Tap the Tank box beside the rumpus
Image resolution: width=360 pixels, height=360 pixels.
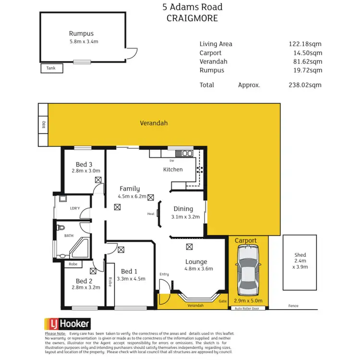51,68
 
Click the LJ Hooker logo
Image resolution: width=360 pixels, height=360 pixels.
67,324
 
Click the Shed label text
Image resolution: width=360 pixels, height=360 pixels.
300,255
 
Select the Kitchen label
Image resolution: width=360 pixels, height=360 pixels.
173,169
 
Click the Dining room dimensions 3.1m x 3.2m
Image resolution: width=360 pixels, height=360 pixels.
183,216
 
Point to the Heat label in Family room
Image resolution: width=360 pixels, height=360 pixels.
150,214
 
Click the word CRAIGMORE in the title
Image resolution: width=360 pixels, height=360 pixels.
192,19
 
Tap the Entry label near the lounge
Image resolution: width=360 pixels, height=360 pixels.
165,274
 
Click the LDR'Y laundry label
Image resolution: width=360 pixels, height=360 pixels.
74,208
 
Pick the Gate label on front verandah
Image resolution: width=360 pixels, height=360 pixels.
222,301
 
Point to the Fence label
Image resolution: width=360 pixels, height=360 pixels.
293,306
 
